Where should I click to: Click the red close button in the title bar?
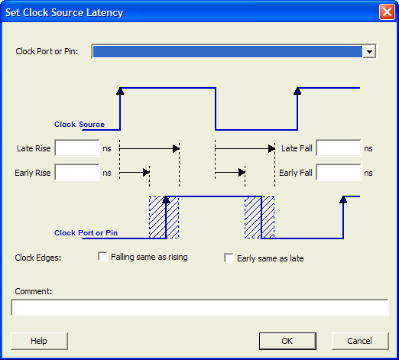(x=387, y=12)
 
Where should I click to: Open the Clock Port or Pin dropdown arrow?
(x=369, y=52)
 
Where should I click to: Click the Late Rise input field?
(x=77, y=148)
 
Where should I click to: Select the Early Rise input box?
(x=77, y=173)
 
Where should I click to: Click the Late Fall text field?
(x=339, y=148)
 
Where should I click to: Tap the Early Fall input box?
(x=339, y=173)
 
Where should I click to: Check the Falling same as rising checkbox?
(x=102, y=257)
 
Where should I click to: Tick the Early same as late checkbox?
(x=229, y=258)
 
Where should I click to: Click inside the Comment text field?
(x=199, y=308)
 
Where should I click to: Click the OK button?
(x=287, y=341)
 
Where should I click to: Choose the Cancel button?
(x=360, y=341)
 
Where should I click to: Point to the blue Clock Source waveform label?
(x=79, y=125)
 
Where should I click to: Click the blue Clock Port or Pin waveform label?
(x=86, y=233)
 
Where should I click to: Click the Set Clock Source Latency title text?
(x=64, y=12)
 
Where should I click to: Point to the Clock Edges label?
(x=38, y=258)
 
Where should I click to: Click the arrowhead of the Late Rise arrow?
(x=176, y=148)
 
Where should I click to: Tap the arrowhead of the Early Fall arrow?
(x=242, y=173)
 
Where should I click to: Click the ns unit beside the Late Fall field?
(x=368, y=148)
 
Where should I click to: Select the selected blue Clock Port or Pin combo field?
(x=227, y=52)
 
